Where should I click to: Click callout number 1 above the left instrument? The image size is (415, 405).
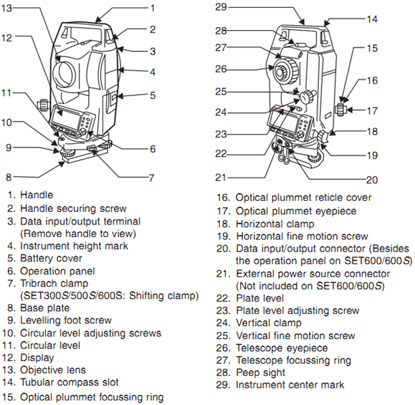(x=152, y=8)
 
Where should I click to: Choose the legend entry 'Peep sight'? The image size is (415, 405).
(x=260, y=372)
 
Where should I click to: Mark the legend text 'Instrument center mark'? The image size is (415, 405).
(x=290, y=385)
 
